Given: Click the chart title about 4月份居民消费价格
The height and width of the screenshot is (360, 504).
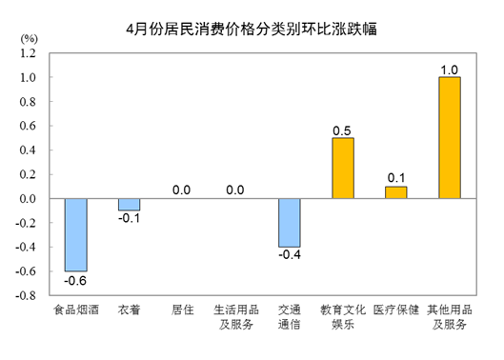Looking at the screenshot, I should tap(252, 29).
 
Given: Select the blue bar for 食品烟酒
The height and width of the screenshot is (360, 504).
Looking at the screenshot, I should tap(75, 234).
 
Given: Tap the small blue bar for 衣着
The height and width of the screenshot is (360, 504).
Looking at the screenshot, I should tap(129, 204).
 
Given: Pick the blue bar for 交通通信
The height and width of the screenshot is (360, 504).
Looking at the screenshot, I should tap(289, 222).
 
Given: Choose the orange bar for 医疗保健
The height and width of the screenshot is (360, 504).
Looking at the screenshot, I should tap(396, 192).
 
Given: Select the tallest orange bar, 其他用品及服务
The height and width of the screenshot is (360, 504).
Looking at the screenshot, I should tap(449, 138).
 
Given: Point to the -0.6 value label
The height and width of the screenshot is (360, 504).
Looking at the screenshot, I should tap(75, 281).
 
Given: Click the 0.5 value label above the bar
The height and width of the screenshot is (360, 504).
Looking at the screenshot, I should tap(343, 129).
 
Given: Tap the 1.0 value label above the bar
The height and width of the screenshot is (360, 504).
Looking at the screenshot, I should tap(450, 69).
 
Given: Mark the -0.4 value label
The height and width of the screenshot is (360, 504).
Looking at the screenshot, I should tap(289, 255).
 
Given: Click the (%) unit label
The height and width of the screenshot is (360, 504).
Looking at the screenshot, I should tap(29, 37).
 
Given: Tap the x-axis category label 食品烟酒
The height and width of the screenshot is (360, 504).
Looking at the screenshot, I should tap(75, 310).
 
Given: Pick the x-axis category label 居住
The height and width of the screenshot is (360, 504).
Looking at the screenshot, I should tap(183, 310).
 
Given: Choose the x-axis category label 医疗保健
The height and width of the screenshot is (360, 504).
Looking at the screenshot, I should tap(396, 310).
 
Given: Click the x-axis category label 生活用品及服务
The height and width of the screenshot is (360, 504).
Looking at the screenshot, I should tap(235, 317).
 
